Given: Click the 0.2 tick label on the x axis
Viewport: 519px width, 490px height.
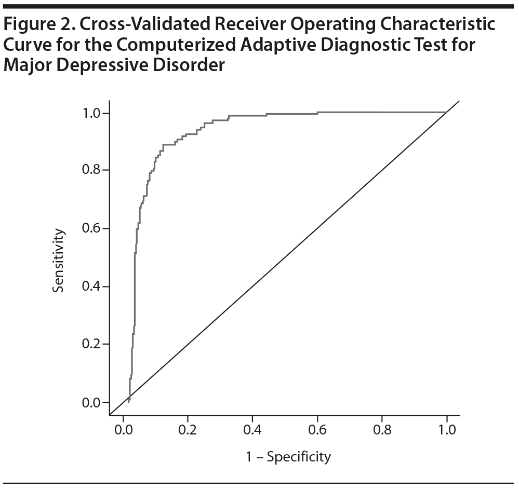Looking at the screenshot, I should tap(188, 430).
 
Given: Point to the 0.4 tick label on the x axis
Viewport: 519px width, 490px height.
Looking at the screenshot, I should tap(252, 430).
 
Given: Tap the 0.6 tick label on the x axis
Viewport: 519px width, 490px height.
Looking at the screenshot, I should tap(317, 430).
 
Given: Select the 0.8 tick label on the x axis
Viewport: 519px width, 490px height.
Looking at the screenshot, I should tap(382, 430).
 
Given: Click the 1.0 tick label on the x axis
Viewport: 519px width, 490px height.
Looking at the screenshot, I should tap(446, 430).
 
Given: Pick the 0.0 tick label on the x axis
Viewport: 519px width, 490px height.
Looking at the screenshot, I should tap(123, 430).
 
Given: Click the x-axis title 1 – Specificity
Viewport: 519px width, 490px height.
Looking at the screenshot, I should tap(288, 457).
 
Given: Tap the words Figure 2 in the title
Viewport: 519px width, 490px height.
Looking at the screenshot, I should tap(37, 25).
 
